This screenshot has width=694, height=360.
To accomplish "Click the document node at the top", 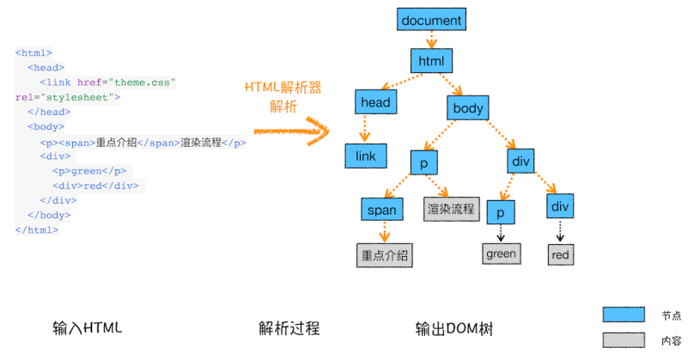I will pos(431,21).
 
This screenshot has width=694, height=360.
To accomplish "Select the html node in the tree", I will pos(430,61).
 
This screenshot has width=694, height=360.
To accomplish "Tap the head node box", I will pos(375,103).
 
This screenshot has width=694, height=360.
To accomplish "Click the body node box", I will pos(468,108).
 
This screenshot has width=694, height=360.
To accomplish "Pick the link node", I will pos(366,156).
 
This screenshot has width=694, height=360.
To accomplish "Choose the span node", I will pos(382,211).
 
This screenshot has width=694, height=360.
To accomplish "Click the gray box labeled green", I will pos(501,253).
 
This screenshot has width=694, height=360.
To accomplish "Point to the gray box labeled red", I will pos(560,255).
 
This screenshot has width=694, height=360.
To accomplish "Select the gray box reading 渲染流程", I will pos(451,209).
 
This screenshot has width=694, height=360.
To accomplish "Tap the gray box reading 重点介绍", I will pos(384,255).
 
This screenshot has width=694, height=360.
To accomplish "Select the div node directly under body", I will pos(521,162).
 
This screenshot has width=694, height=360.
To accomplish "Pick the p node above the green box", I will pos(500,212).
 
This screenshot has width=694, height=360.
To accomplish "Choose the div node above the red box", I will pos(559,206).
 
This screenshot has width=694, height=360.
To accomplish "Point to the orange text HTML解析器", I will pos(283,88).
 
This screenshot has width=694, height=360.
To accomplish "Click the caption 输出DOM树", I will pos(454,328).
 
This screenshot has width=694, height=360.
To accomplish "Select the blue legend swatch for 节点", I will pos(624,314).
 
